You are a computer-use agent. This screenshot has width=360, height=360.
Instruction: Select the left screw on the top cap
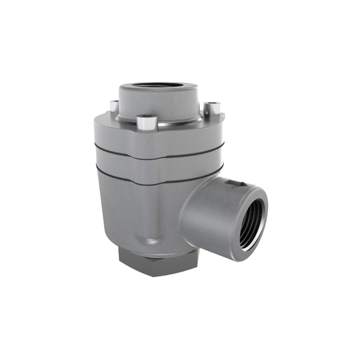click(x=112, y=106)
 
